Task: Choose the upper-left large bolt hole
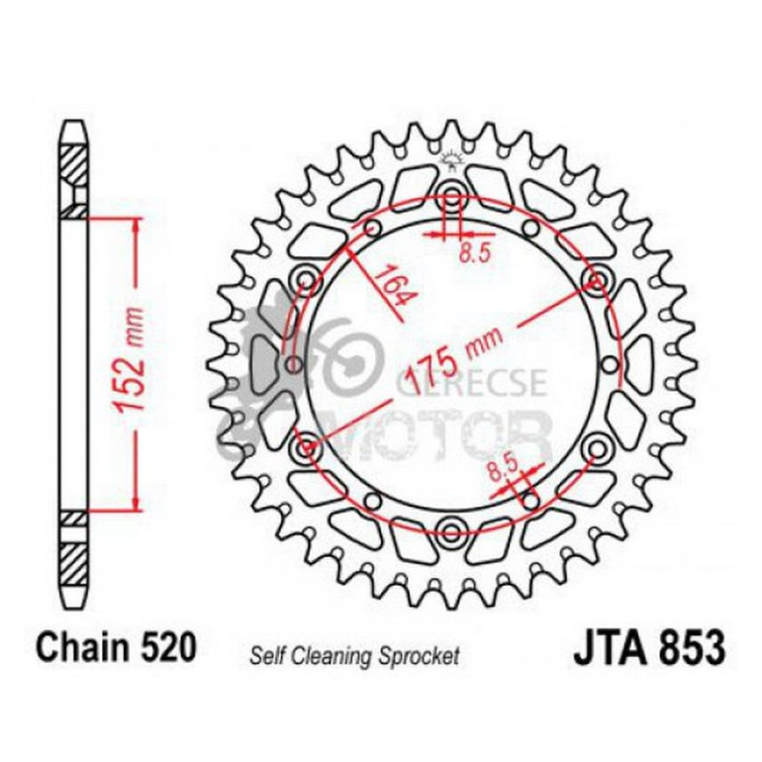pos(306,281)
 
